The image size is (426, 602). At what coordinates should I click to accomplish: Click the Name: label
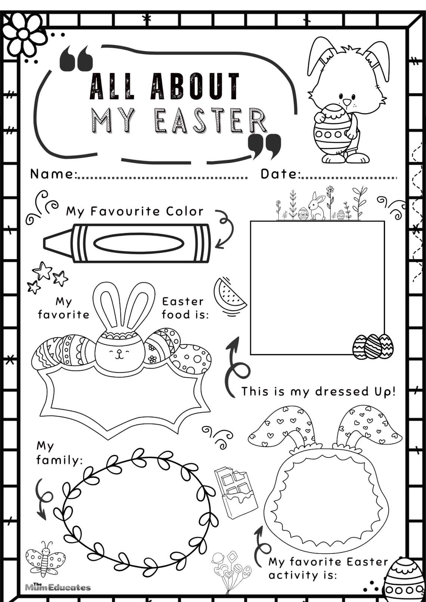[x=53, y=174]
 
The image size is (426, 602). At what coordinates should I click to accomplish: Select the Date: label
[x=280, y=174]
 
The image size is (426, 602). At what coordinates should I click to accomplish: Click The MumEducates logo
[x=58, y=587]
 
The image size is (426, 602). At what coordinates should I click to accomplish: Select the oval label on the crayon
[x=139, y=244]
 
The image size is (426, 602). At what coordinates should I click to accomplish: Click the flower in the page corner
[x=23, y=34]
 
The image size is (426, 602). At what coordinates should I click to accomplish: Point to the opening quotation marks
[x=76, y=59]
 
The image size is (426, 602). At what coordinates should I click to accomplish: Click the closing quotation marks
[x=264, y=146]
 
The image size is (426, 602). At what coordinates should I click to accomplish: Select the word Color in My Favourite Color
[x=185, y=211]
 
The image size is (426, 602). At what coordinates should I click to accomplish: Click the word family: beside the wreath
[x=59, y=460]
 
